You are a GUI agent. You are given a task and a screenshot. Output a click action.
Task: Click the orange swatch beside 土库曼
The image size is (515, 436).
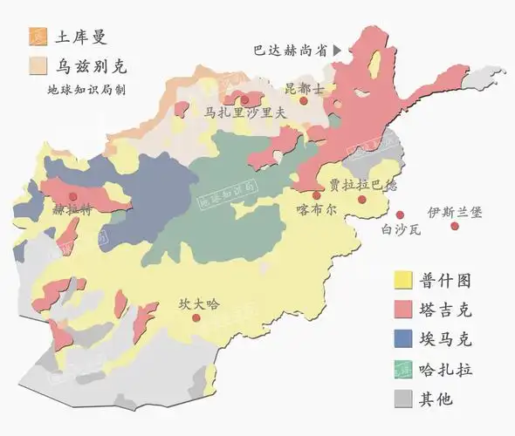(x=37, y=37)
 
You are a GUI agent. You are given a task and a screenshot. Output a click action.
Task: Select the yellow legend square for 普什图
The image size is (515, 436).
(x=402, y=280)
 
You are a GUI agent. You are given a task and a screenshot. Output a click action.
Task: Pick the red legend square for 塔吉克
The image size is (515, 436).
(x=402, y=310)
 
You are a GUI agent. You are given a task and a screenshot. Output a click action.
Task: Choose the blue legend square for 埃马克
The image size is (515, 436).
(x=402, y=339)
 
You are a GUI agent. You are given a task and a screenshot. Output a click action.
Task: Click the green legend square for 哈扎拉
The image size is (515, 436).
(x=402, y=369)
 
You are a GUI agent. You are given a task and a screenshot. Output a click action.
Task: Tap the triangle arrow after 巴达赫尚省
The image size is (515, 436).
(x=337, y=51)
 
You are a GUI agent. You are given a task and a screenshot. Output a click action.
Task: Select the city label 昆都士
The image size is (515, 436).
(x=304, y=88)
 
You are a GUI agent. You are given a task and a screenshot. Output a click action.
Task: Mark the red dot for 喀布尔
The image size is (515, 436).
(x=316, y=195)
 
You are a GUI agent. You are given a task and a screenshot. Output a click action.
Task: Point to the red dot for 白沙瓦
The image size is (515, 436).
(x=400, y=215)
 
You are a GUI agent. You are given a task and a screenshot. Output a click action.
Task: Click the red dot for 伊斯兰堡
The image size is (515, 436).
(x=455, y=227)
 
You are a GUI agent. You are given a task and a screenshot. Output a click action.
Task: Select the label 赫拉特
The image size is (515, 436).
(x=72, y=209)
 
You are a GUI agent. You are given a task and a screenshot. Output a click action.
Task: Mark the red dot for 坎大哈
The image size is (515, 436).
(x=197, y=318)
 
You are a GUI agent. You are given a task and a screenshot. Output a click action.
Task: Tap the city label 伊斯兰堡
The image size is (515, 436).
(x=454, y=212)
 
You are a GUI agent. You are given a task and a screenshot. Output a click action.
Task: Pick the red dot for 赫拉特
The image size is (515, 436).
(x=72, y=196)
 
